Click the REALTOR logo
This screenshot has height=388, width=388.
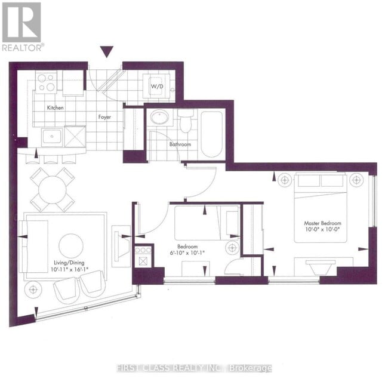coord(21,26)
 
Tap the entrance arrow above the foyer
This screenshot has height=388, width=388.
coord(106,53)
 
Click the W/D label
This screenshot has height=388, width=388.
coord(156,86)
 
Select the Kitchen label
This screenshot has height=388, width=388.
coord(56,107)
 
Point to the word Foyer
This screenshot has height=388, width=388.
coord(106,117)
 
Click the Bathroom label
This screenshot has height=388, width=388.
coord(180,144)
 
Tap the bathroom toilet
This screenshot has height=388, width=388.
coord(186,122)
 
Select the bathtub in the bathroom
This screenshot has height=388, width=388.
coord(212,134)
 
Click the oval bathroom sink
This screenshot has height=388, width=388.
coord(160,117)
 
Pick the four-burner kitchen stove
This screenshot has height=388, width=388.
coord(47,83)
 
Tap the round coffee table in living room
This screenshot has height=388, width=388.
coord(71,245)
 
